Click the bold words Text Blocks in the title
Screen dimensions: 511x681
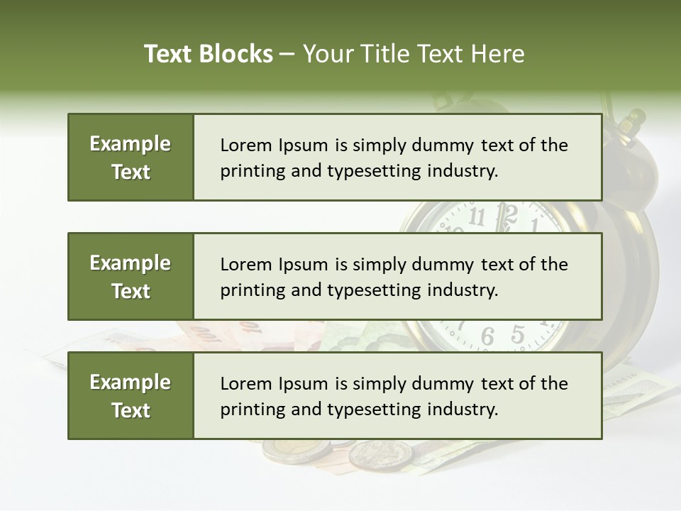click(209, 54)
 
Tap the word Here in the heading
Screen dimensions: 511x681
click(497, 54)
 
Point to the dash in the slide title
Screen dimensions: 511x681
click(288, 55)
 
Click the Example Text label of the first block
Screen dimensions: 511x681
click(131, 158)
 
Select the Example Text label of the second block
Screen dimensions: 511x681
click(131, 277)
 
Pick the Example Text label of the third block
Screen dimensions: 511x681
click(131, 396)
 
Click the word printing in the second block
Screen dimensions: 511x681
click(245, 290)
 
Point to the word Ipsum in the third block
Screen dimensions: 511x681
click(303, 384)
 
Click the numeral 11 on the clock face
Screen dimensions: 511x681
click(477, 216)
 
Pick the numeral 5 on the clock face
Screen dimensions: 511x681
click(519, 333)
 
